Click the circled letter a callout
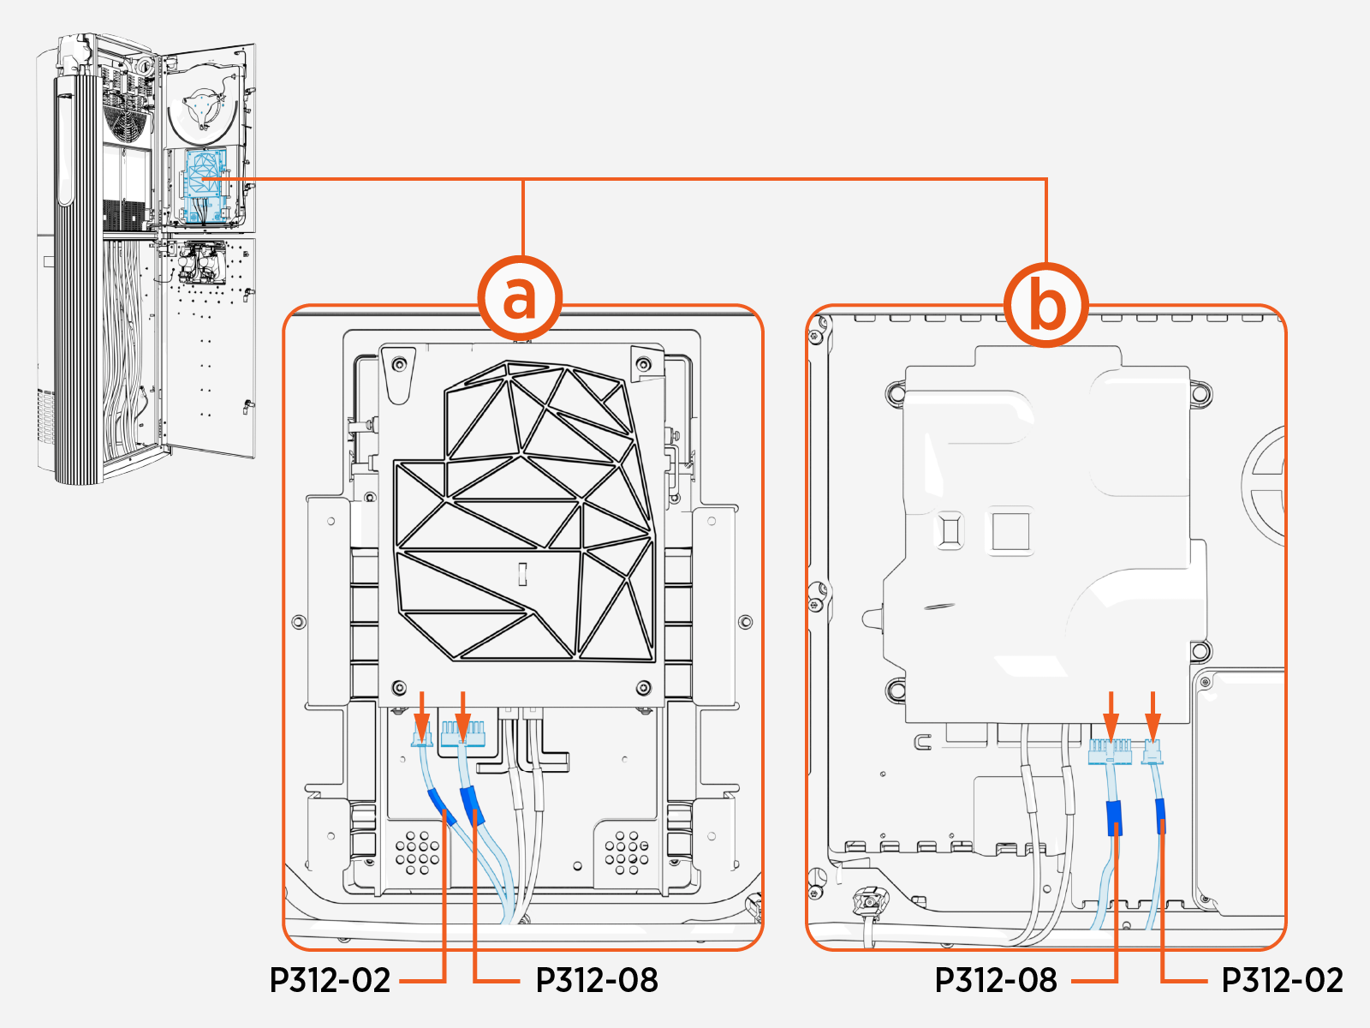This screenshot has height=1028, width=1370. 520,299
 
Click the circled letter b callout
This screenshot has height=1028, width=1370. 1046,305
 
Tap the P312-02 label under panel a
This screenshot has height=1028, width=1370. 330,980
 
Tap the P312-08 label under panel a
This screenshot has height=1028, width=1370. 597,980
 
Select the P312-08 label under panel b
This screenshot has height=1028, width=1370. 996,980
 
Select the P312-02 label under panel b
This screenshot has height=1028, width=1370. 1282,980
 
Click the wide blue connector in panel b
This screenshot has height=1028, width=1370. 1110,752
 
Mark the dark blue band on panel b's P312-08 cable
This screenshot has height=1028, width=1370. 1114,817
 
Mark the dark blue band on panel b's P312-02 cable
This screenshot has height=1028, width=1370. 1160,816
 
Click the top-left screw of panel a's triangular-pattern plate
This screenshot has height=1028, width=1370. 398,366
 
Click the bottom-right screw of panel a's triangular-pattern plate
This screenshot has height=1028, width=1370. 644,687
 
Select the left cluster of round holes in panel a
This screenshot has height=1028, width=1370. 417,852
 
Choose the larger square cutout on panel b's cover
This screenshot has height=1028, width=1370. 1010,531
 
